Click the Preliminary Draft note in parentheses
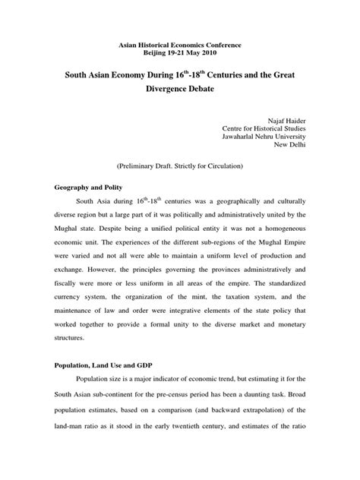[180, 186]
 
